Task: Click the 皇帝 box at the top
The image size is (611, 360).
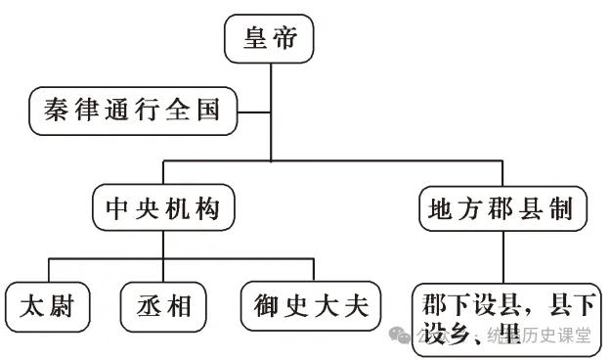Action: (269, 40)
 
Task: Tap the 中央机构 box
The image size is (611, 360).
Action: (164, 207)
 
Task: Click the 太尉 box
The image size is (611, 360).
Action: (47, 305)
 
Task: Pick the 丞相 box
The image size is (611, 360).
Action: (163, 305)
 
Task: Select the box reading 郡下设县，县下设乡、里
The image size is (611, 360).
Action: (507, 313)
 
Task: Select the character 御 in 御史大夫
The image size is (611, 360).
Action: (260, 305)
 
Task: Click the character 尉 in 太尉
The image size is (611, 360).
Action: (65, 305)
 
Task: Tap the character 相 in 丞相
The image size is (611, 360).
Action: (181, 305)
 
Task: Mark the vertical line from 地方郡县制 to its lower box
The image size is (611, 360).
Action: (504, 254)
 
